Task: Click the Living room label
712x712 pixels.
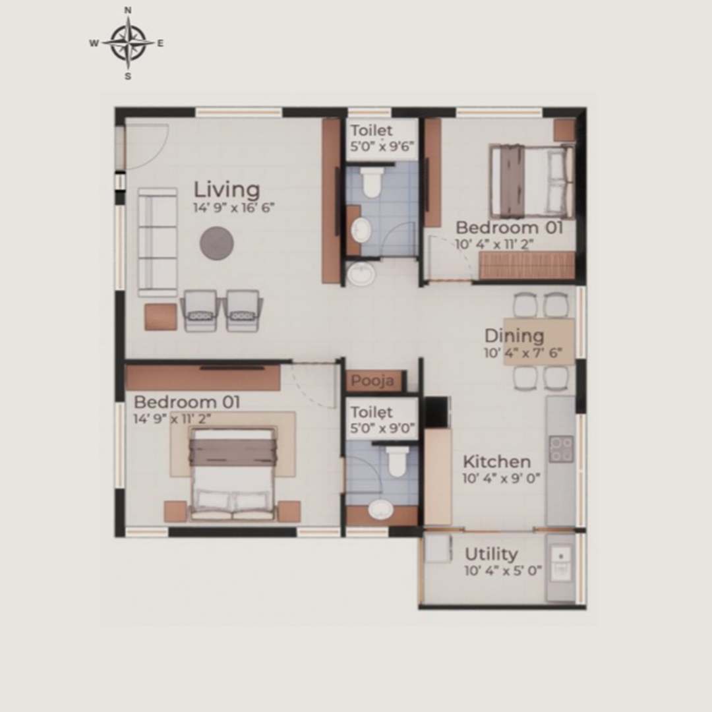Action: pos(227,191)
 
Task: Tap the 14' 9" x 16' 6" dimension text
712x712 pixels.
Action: pos(234,208)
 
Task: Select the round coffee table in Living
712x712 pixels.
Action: pos(217,243)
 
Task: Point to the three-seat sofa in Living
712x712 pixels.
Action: pos(158,243)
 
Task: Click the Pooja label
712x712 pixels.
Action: pos(372,380)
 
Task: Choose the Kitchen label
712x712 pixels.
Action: pos(497,461)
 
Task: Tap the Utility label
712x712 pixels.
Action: pos(491,554)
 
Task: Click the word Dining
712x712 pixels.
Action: pos(514,336)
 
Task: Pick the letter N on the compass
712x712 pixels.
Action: pos(128,10)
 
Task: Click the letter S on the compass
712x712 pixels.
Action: pos(128,76)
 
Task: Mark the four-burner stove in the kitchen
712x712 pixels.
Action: pos(561,449)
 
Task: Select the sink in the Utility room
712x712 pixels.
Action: pos(561,564)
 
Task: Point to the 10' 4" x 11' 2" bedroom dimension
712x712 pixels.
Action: pos(494,245)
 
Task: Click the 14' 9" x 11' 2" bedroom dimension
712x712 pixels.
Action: pos(172,419)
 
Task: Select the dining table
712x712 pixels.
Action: pos(539,341)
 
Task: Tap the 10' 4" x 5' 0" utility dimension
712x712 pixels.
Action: pos(503,571)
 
